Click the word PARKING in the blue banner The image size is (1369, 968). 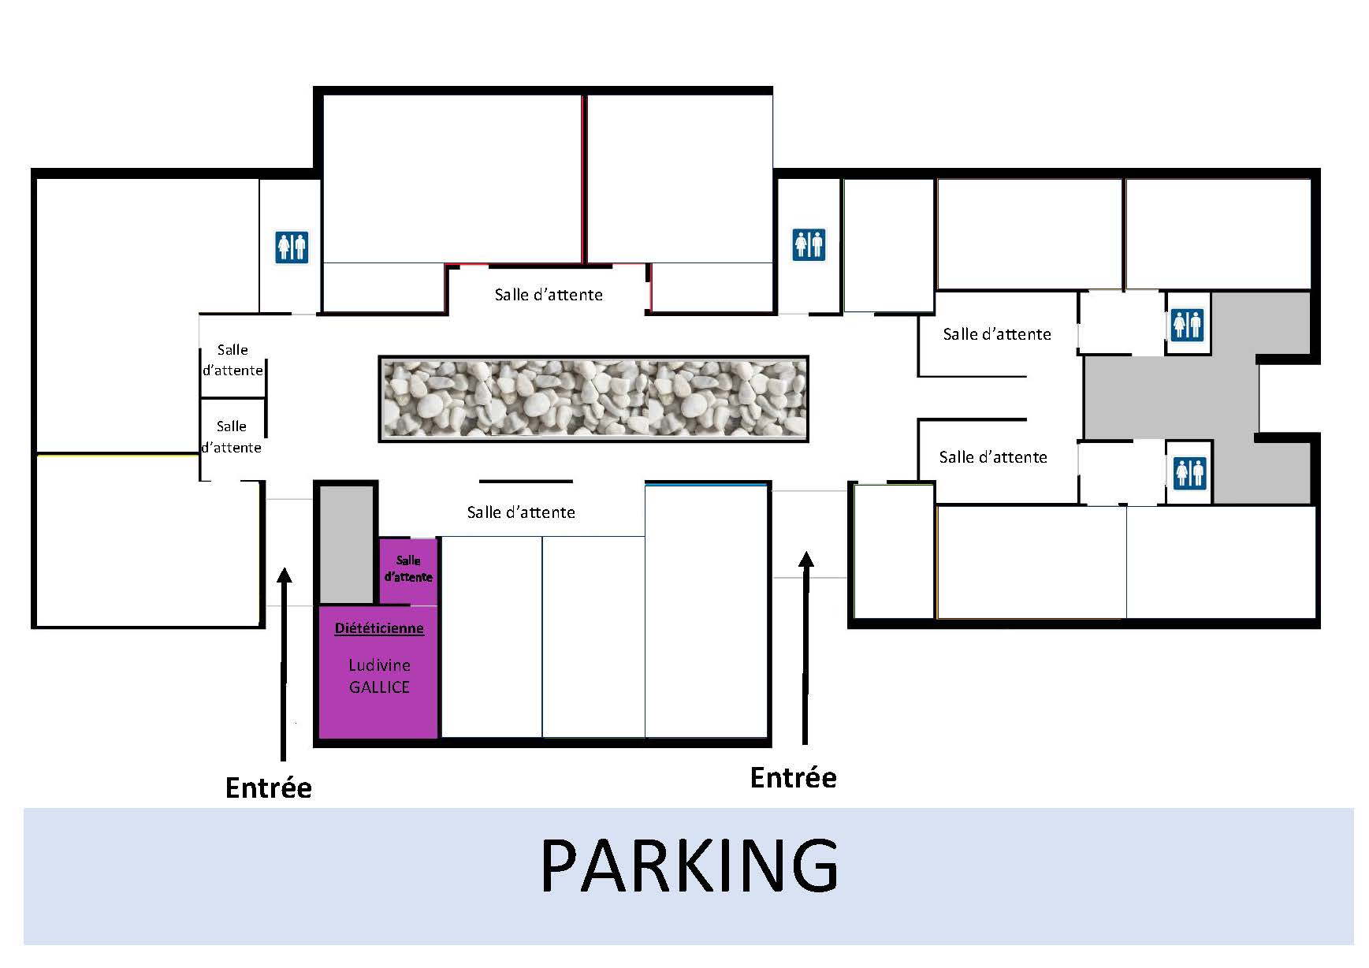point(689,865)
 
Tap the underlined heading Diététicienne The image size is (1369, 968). point(379,628)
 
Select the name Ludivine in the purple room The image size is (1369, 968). point(379,665)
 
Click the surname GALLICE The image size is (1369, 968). point(379,687)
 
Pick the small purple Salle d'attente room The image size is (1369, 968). point(408,570)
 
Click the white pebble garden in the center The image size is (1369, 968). point(593,398)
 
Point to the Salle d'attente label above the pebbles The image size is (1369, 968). point(549,295)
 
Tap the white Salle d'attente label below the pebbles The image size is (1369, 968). point(521,512)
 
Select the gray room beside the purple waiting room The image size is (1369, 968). point(346,544)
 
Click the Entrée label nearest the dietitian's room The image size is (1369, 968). point(269,787)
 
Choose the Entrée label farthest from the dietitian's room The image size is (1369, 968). point(793,777)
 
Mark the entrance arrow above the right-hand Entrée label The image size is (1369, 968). point(805,647)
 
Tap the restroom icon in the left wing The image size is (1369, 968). point(292,247)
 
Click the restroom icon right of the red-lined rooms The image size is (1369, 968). point(809,244)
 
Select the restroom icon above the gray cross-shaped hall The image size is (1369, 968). point(1188,323)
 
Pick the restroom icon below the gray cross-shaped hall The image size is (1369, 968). point(1189,472)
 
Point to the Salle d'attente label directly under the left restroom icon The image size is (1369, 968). point(233,360)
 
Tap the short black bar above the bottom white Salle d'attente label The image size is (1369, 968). point(526,481)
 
